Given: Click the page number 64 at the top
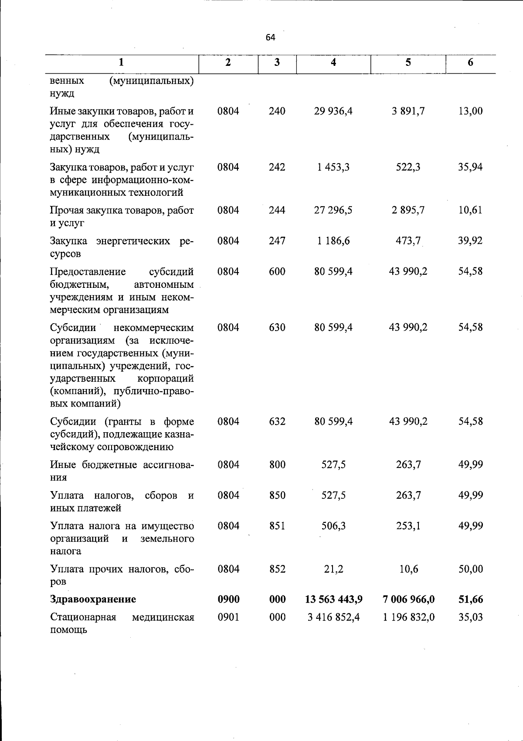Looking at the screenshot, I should (x=270, y=38).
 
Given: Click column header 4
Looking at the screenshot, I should (x=333, y=62).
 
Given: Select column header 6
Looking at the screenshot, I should (x=470, y=62).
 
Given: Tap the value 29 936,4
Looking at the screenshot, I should (x=333, y=111).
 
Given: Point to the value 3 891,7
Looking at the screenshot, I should (x=408, y=111).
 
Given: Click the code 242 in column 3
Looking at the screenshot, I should (x=277, y=167).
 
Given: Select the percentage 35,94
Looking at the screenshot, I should (x=470, y=167).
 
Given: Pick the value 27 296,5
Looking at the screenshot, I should (x=333, y=210).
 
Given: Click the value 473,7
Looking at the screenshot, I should (x=408, y=241).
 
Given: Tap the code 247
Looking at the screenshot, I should (x=277, y=241).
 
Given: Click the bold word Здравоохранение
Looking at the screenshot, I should (x=93, y=599).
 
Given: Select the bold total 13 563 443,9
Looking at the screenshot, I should (x=334, y=599).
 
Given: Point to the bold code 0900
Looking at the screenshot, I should (x=229, y=599).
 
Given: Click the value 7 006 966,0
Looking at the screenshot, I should (x=408, y=599).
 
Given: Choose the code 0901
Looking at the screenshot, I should (x=229, y=617).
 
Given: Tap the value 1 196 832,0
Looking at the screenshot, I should (x=408, y=617).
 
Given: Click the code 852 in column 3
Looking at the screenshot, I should (x=277, y=569).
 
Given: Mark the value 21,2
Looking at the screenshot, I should (x=333, y=569).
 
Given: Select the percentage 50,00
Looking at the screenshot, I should (x=470, y=569).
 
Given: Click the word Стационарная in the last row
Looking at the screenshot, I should (x=83, y=617).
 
